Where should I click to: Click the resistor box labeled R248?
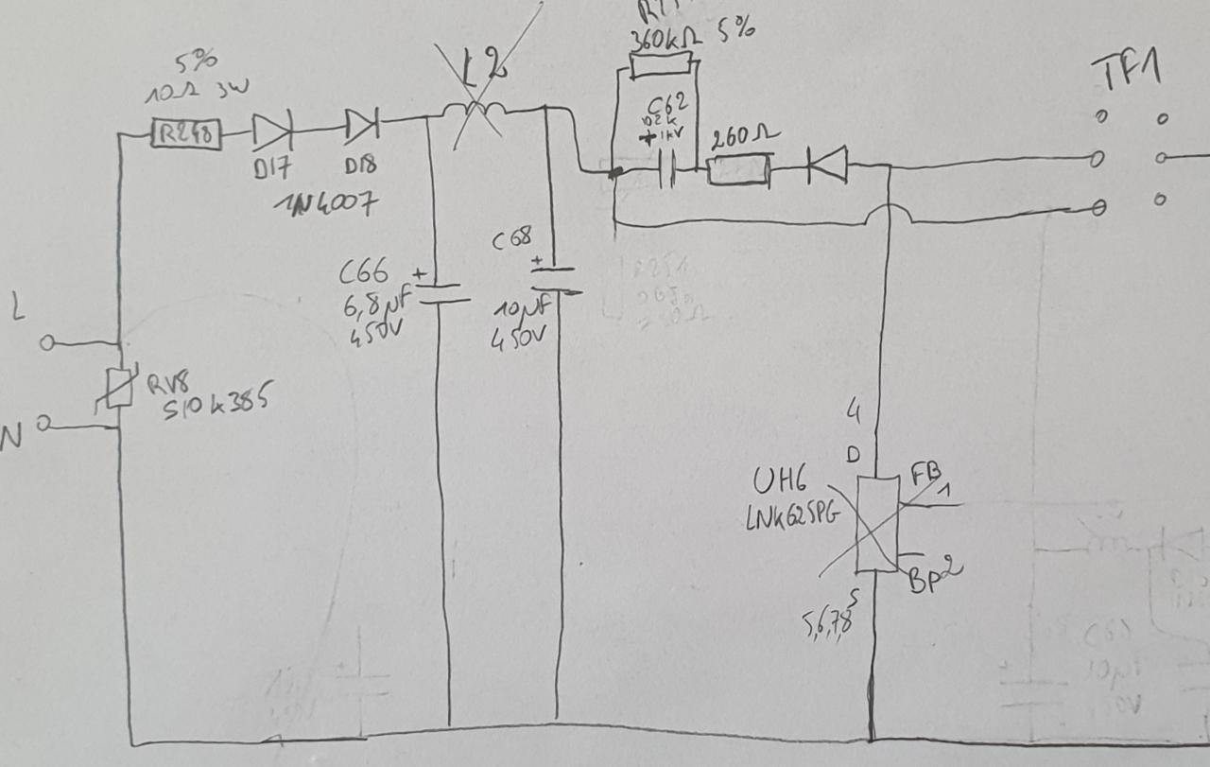[186, 135]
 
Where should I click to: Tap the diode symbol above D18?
[361, 124]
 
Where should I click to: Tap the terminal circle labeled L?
[46, 342]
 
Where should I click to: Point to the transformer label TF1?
[1126, 72]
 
